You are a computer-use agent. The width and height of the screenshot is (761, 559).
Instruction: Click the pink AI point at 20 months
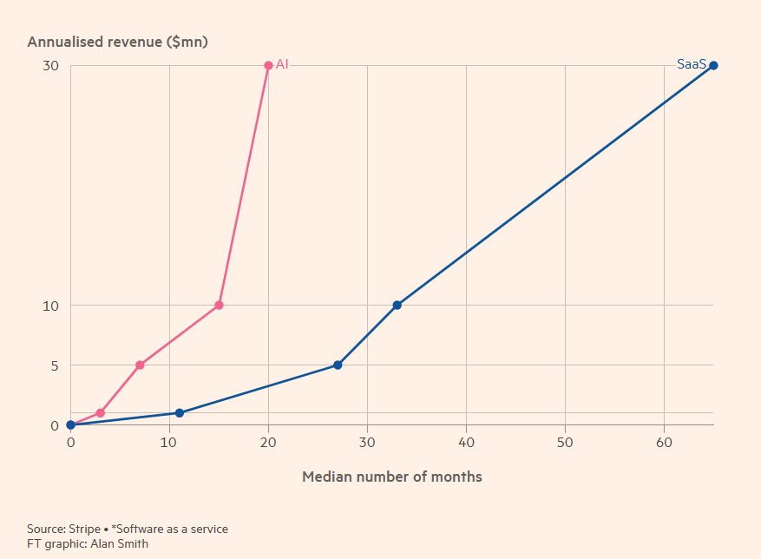tap(268, 65)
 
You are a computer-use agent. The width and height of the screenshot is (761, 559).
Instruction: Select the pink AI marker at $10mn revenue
tap(219, 305)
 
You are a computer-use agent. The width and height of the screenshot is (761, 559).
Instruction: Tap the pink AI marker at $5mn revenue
tap(140, 365)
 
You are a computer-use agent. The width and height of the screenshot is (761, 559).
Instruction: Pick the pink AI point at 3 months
tap(101, 412)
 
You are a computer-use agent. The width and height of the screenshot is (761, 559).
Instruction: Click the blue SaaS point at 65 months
tap(713, 65)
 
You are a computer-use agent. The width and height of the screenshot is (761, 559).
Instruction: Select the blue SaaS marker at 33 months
tap(397, 305)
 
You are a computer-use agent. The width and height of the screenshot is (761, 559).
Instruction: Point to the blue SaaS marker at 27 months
tap(338, 365)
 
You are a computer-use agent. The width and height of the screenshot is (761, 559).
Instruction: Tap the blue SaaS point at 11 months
tap(180, 412)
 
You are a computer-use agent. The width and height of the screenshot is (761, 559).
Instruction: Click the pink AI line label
tap(282, 64)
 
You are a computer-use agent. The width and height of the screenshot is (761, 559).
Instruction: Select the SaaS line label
tap(692, 64)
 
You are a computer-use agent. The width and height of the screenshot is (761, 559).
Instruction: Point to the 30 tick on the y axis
tap(50, 66)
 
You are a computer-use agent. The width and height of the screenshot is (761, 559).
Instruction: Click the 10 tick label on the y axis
tap(50, 306)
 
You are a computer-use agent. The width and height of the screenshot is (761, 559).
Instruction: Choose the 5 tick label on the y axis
tap(54, 365)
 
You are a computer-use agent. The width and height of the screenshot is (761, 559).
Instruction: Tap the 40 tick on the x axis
tap(466, 443)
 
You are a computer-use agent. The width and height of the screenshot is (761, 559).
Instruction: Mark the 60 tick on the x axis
tap(664, 443)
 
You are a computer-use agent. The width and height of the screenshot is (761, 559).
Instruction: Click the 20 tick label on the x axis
tap(268, 443)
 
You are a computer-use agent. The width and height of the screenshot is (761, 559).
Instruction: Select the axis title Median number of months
tap(391, 477)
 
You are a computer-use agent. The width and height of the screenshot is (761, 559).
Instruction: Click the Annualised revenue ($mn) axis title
tap(118, 42)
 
